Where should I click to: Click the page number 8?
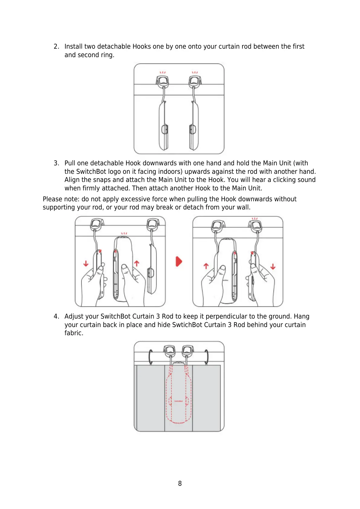pos(180,483)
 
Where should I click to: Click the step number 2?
pos(56,47)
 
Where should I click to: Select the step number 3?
pos(56,163)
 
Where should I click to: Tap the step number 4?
pos(56,316)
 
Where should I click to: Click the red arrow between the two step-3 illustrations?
pos(179,261)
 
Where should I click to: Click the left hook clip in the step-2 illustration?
pos(163,81)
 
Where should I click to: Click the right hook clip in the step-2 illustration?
pos(195,81)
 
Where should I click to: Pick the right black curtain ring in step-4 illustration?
pos(206,357)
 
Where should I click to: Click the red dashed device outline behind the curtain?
pos(179,393)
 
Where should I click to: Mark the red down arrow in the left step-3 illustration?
pos(86,264)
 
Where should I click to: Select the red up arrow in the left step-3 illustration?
pos(137,263)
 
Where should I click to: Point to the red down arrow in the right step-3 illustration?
pos(273,266)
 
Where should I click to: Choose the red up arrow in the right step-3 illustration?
pos(206,266)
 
